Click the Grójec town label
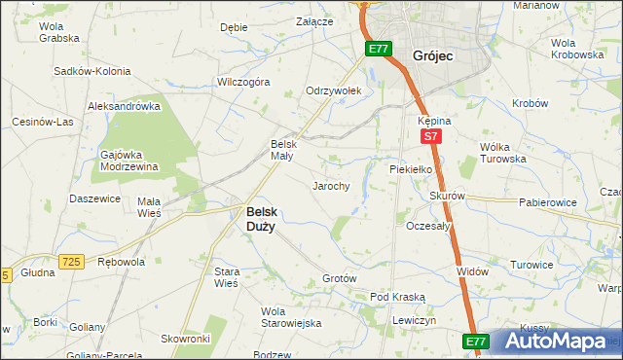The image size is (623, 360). pyautogui.click(x=435, y=55)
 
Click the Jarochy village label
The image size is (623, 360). pyautogui.click(x=330, y=185)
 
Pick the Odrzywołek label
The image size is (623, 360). pyautogui.click(x=334, y=90)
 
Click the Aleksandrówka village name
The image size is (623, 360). pyautogui.click(x=124, y=105)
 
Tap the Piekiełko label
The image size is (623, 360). pyautogui.click(x=410, y=167)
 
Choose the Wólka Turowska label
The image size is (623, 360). pyautogui.click(x=503, y=153)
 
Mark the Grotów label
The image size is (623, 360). pyautogui.click(x=340, y=278)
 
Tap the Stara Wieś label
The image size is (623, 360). pyautogui.click(x=227, y=277)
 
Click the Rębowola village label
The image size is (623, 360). pyautogui.click(x=122, y=262)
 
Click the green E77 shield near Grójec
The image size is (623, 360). pyautogui.click(x=380, y=48)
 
